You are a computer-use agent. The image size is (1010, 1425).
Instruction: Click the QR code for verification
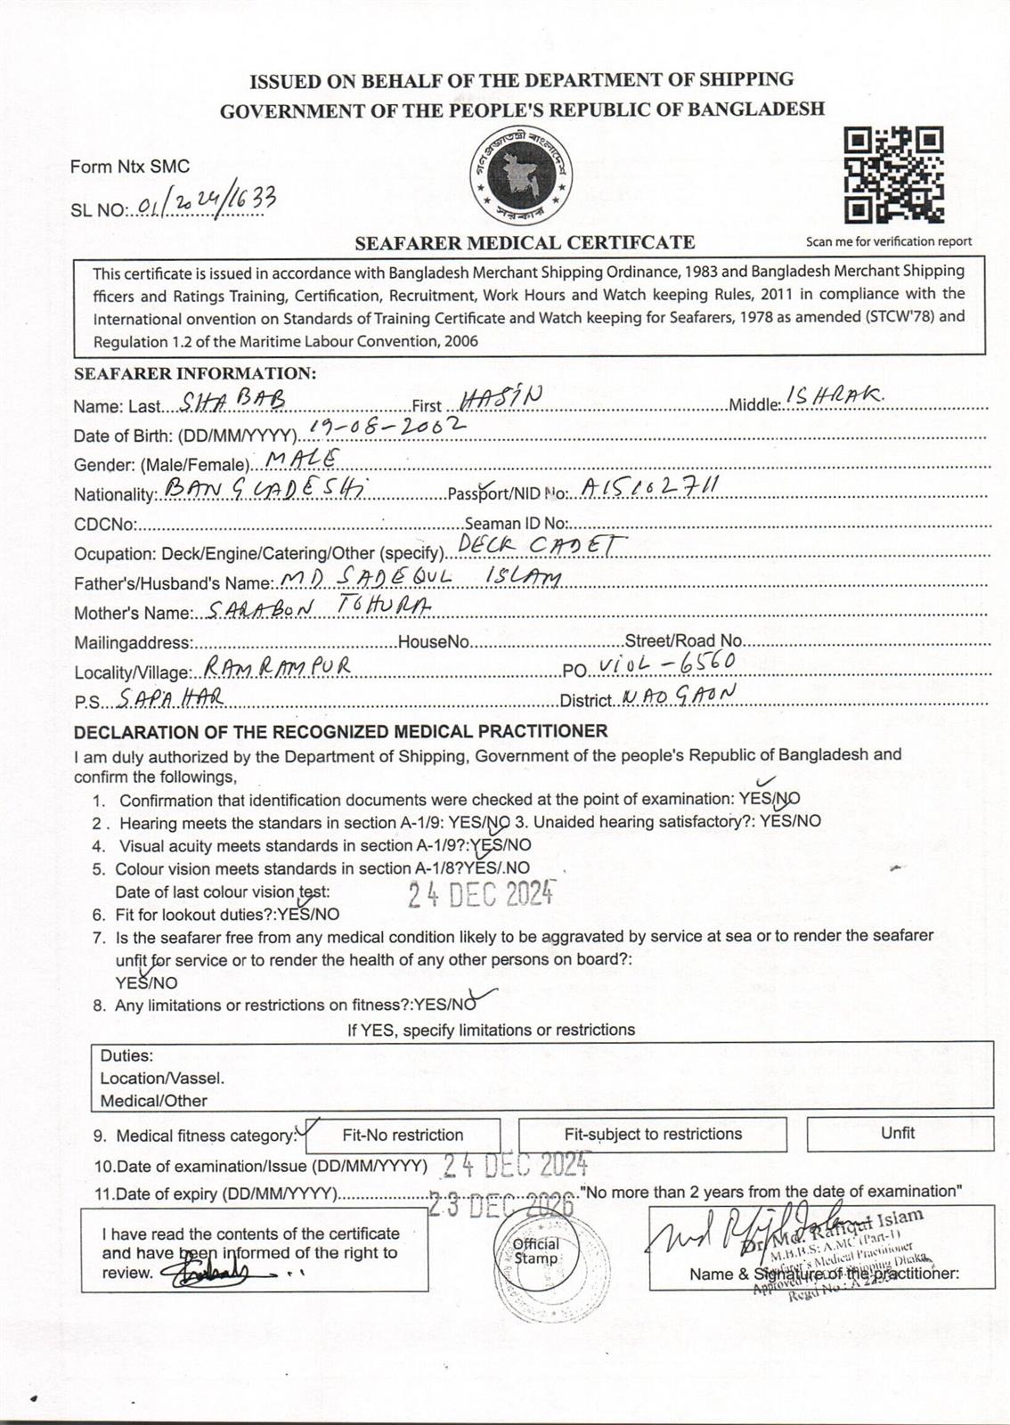tap(892, 175)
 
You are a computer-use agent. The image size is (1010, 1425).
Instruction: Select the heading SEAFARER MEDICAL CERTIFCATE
tap(525, 242)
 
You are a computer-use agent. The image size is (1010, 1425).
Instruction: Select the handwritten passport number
tap(649, 487)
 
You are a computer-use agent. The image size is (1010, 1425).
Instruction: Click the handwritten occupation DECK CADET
tap(542, 545)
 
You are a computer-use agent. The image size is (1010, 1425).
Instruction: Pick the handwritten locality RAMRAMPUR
tap(277, 666)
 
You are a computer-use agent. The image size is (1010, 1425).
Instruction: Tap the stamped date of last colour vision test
tap(481, 892)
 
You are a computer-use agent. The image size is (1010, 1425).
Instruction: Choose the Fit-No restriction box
tap(403, 1135)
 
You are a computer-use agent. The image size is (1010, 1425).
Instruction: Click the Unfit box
tap(899, 1133)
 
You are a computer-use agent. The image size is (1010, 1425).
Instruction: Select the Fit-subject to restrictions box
tap(653, 1134)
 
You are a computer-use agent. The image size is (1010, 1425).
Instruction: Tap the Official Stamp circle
tap(535, 1251)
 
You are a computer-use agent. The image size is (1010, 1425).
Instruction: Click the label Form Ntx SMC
tap(130, 167)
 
